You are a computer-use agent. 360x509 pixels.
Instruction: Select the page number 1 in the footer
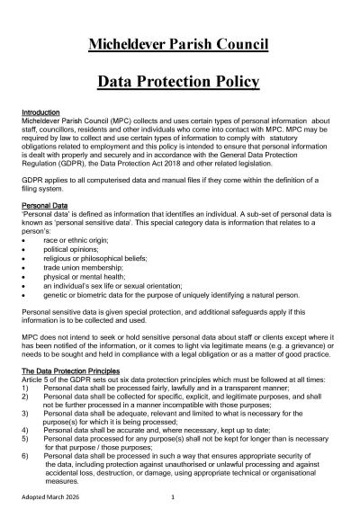(x=172, y=496)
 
